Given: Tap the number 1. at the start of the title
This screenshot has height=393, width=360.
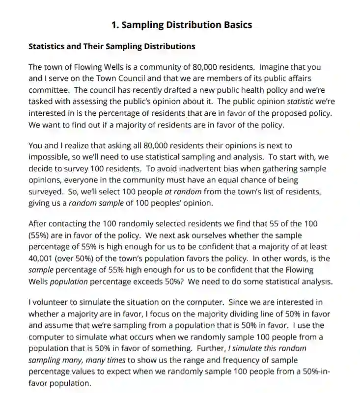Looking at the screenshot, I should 115,25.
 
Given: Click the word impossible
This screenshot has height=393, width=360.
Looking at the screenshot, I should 49,157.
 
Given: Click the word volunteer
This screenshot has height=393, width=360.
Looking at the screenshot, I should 50,302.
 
